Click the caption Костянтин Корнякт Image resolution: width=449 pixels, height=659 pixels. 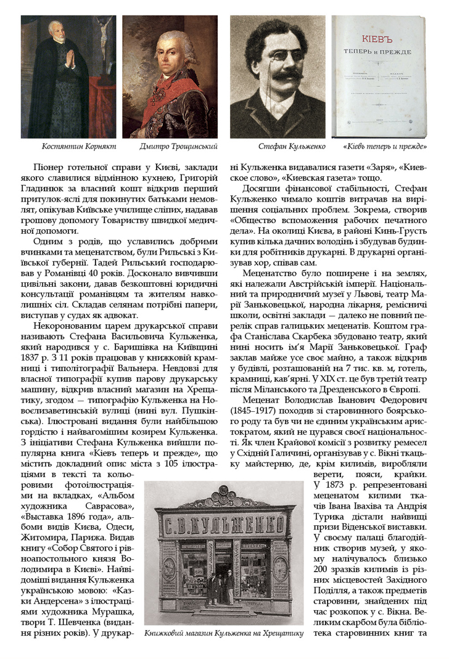(70, 147)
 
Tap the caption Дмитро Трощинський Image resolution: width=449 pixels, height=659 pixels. (170, 147)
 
